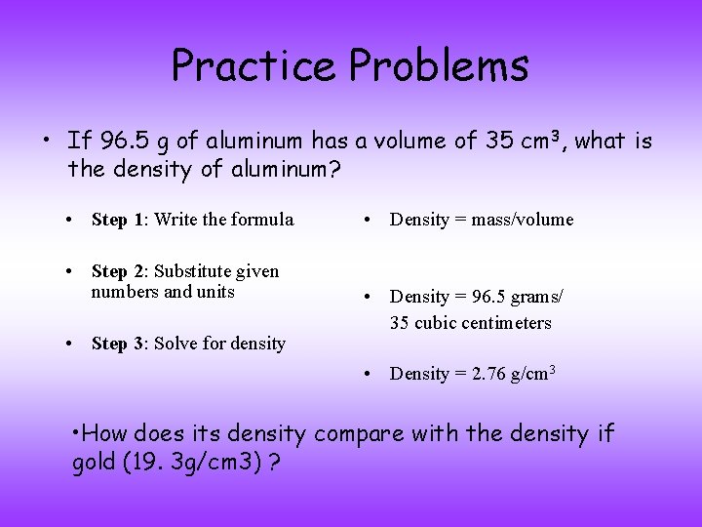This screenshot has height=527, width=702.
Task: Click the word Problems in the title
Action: pyautogui.click(x=439, y=65)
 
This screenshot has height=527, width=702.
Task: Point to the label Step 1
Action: pyautogui.click(x=118, y=220)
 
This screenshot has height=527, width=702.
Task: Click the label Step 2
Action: pyautogui.click(x=118, y=271)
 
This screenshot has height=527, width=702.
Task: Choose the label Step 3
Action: pyautogui.click(x=118, y=344)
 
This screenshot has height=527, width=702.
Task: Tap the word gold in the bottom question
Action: pyautogui.click(x=100, y=463)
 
